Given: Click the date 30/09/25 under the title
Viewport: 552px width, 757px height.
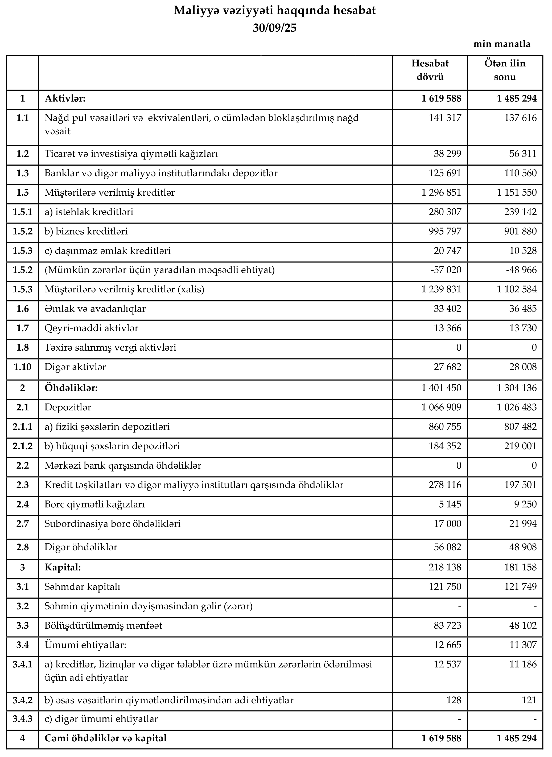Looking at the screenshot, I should [274, 28].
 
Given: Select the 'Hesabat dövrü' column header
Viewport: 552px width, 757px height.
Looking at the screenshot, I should [430, 70].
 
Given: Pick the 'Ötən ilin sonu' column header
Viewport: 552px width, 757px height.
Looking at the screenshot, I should [505, 70].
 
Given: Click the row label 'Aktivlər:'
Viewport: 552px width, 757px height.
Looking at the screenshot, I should [65, 98].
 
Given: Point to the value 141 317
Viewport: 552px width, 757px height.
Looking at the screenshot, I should [445, 118].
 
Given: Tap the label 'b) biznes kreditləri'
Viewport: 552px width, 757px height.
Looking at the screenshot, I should [86, 231].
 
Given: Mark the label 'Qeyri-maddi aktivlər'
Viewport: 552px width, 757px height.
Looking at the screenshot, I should [91, 328].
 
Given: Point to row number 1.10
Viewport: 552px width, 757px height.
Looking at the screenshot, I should [22, 367].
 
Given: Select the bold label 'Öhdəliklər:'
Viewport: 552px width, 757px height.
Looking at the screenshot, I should [71, 388].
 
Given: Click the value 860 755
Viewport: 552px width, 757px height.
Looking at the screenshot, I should [445, 427].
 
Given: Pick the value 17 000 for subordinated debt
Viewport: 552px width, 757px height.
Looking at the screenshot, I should [447, 523].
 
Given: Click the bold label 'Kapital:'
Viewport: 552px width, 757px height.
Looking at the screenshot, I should [63, 567].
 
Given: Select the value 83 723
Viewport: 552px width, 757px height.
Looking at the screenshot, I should [447, 625].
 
